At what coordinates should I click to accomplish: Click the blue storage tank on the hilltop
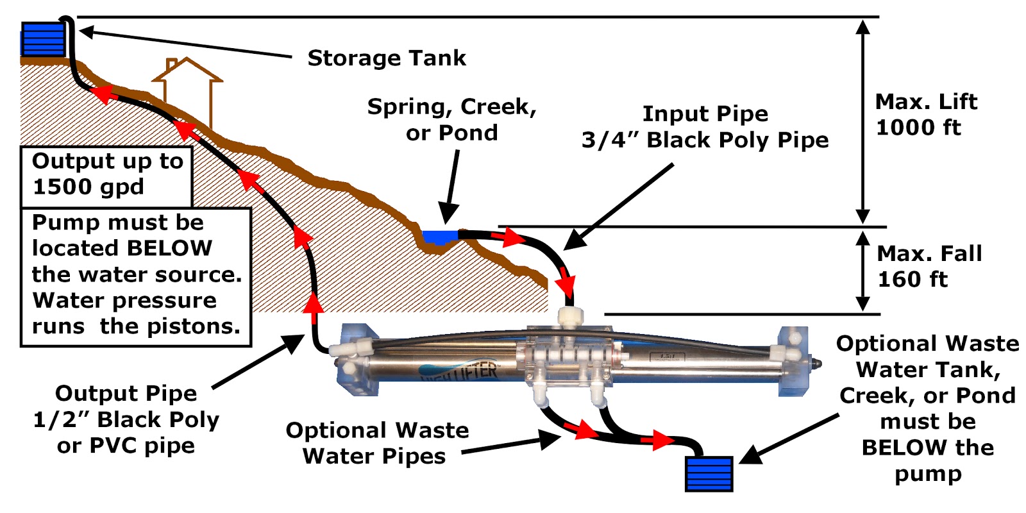[43, 39]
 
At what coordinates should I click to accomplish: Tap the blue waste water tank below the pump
[709, 474]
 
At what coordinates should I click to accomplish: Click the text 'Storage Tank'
[387, 58]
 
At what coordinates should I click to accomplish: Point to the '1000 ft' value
[918, 128]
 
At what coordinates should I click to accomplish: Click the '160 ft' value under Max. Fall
[912, 280]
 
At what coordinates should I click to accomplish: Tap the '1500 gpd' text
[88, 187]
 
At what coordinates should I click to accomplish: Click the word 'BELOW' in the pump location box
[169, 248]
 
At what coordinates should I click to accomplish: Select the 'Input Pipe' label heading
[705, 114]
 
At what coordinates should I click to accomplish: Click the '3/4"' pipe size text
[610, 140]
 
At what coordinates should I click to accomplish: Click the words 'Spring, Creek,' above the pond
[451, 107]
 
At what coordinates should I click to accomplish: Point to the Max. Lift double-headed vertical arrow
[863, 122]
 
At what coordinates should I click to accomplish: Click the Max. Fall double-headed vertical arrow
[863, 271]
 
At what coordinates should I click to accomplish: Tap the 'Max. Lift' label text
[925, 102]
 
